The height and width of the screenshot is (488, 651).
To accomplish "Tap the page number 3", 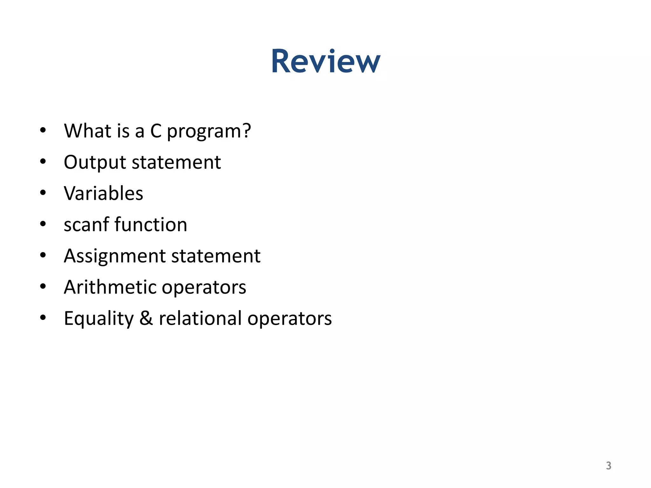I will (608, 465).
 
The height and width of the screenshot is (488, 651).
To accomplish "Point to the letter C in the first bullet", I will (156, 131).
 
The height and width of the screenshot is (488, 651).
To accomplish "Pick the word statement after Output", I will (176, 162).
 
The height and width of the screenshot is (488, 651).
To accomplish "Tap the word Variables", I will (103, 193).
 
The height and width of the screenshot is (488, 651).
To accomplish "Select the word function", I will (151, 225).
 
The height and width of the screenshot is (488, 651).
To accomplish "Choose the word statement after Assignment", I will (216, 256).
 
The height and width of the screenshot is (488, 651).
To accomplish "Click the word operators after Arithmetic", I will (204, 287).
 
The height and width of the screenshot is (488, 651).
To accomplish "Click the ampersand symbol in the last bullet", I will (146, 318).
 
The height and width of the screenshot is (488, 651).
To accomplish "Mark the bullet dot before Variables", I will (43, 193).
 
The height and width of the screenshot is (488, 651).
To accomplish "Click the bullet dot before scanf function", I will (43, 224).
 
